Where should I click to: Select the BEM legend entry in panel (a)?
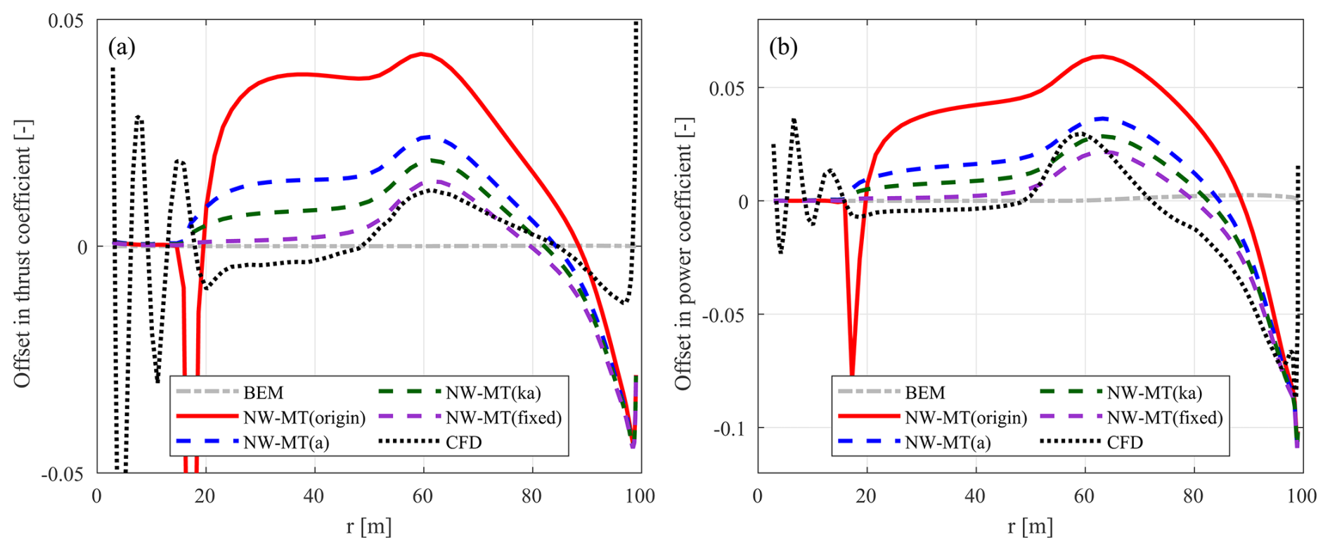(264, 392)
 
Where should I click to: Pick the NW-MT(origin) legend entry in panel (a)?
(304, 417)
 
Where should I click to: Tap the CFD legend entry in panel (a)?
(463, 442)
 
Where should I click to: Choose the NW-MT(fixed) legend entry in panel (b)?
(1165, 417)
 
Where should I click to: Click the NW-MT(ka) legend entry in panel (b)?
(1154, 392)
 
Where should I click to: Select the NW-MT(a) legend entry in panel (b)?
(948, 442)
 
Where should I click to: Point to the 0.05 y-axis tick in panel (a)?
(66, 20)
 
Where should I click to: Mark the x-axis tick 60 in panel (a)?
(422, 496)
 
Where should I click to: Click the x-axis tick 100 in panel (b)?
(1302, 496)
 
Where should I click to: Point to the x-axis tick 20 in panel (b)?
(866, 496)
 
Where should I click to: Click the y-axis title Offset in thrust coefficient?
(22, 253)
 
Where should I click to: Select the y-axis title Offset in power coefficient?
(683, 253)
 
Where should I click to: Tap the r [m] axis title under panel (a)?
(368, 526)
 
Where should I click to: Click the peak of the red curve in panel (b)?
(1101, 56)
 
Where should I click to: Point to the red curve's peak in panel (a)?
(421, 53)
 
